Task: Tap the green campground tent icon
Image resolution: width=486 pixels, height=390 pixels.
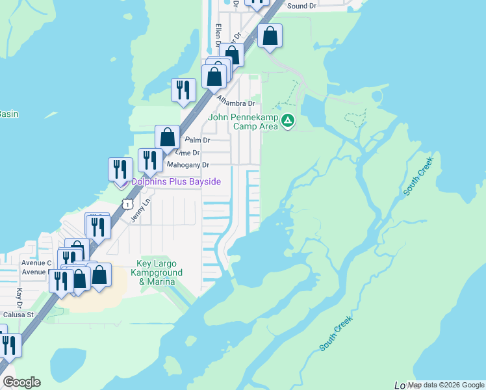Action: point(288,120)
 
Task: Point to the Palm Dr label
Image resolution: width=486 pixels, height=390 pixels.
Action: point(198,140)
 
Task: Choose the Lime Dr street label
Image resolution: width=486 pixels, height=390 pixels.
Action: point(188,152)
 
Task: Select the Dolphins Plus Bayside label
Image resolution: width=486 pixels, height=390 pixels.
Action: point(176,181)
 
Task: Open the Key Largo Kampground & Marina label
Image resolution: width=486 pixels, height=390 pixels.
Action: point(156,273)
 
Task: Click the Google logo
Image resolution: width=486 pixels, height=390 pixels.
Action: point(21,382)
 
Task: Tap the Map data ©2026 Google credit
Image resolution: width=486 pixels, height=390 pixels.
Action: point(446,385)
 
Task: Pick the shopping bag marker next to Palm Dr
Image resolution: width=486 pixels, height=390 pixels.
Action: point(167,136)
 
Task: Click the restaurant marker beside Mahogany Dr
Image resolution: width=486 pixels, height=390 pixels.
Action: point(150,161)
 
